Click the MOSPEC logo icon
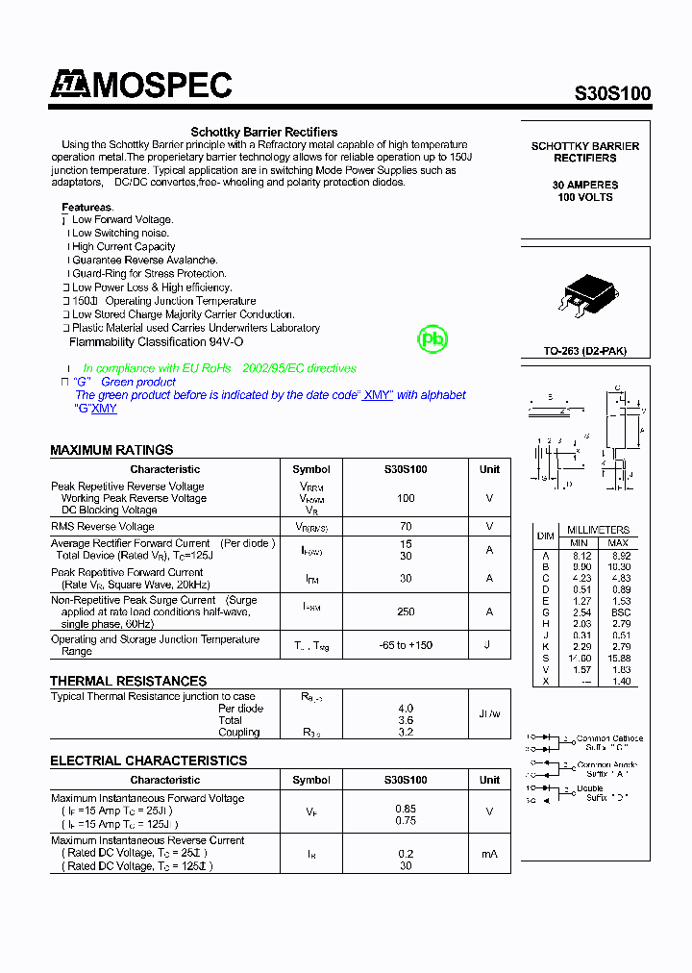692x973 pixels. pos(68,86)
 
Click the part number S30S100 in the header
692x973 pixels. pos(612,94)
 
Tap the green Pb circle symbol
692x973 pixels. pos(432,339)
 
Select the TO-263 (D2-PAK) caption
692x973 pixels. pos(584,351)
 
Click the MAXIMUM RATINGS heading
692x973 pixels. pos(111,450)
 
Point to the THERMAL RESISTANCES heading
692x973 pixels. pos(128,681)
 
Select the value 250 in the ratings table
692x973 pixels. pos(406,611)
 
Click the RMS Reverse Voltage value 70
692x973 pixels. pos(406,527)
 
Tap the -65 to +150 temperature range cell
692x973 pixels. pos(406,645)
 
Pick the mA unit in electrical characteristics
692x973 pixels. pos(489,854)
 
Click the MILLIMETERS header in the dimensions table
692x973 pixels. pos(598,530)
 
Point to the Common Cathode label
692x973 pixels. pos(609,738)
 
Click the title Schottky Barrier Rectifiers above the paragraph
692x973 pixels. pos(264,132)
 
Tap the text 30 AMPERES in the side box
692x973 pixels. pos(585,185)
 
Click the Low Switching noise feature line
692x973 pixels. pos(120,233)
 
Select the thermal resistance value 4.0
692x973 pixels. pos(406,709)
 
